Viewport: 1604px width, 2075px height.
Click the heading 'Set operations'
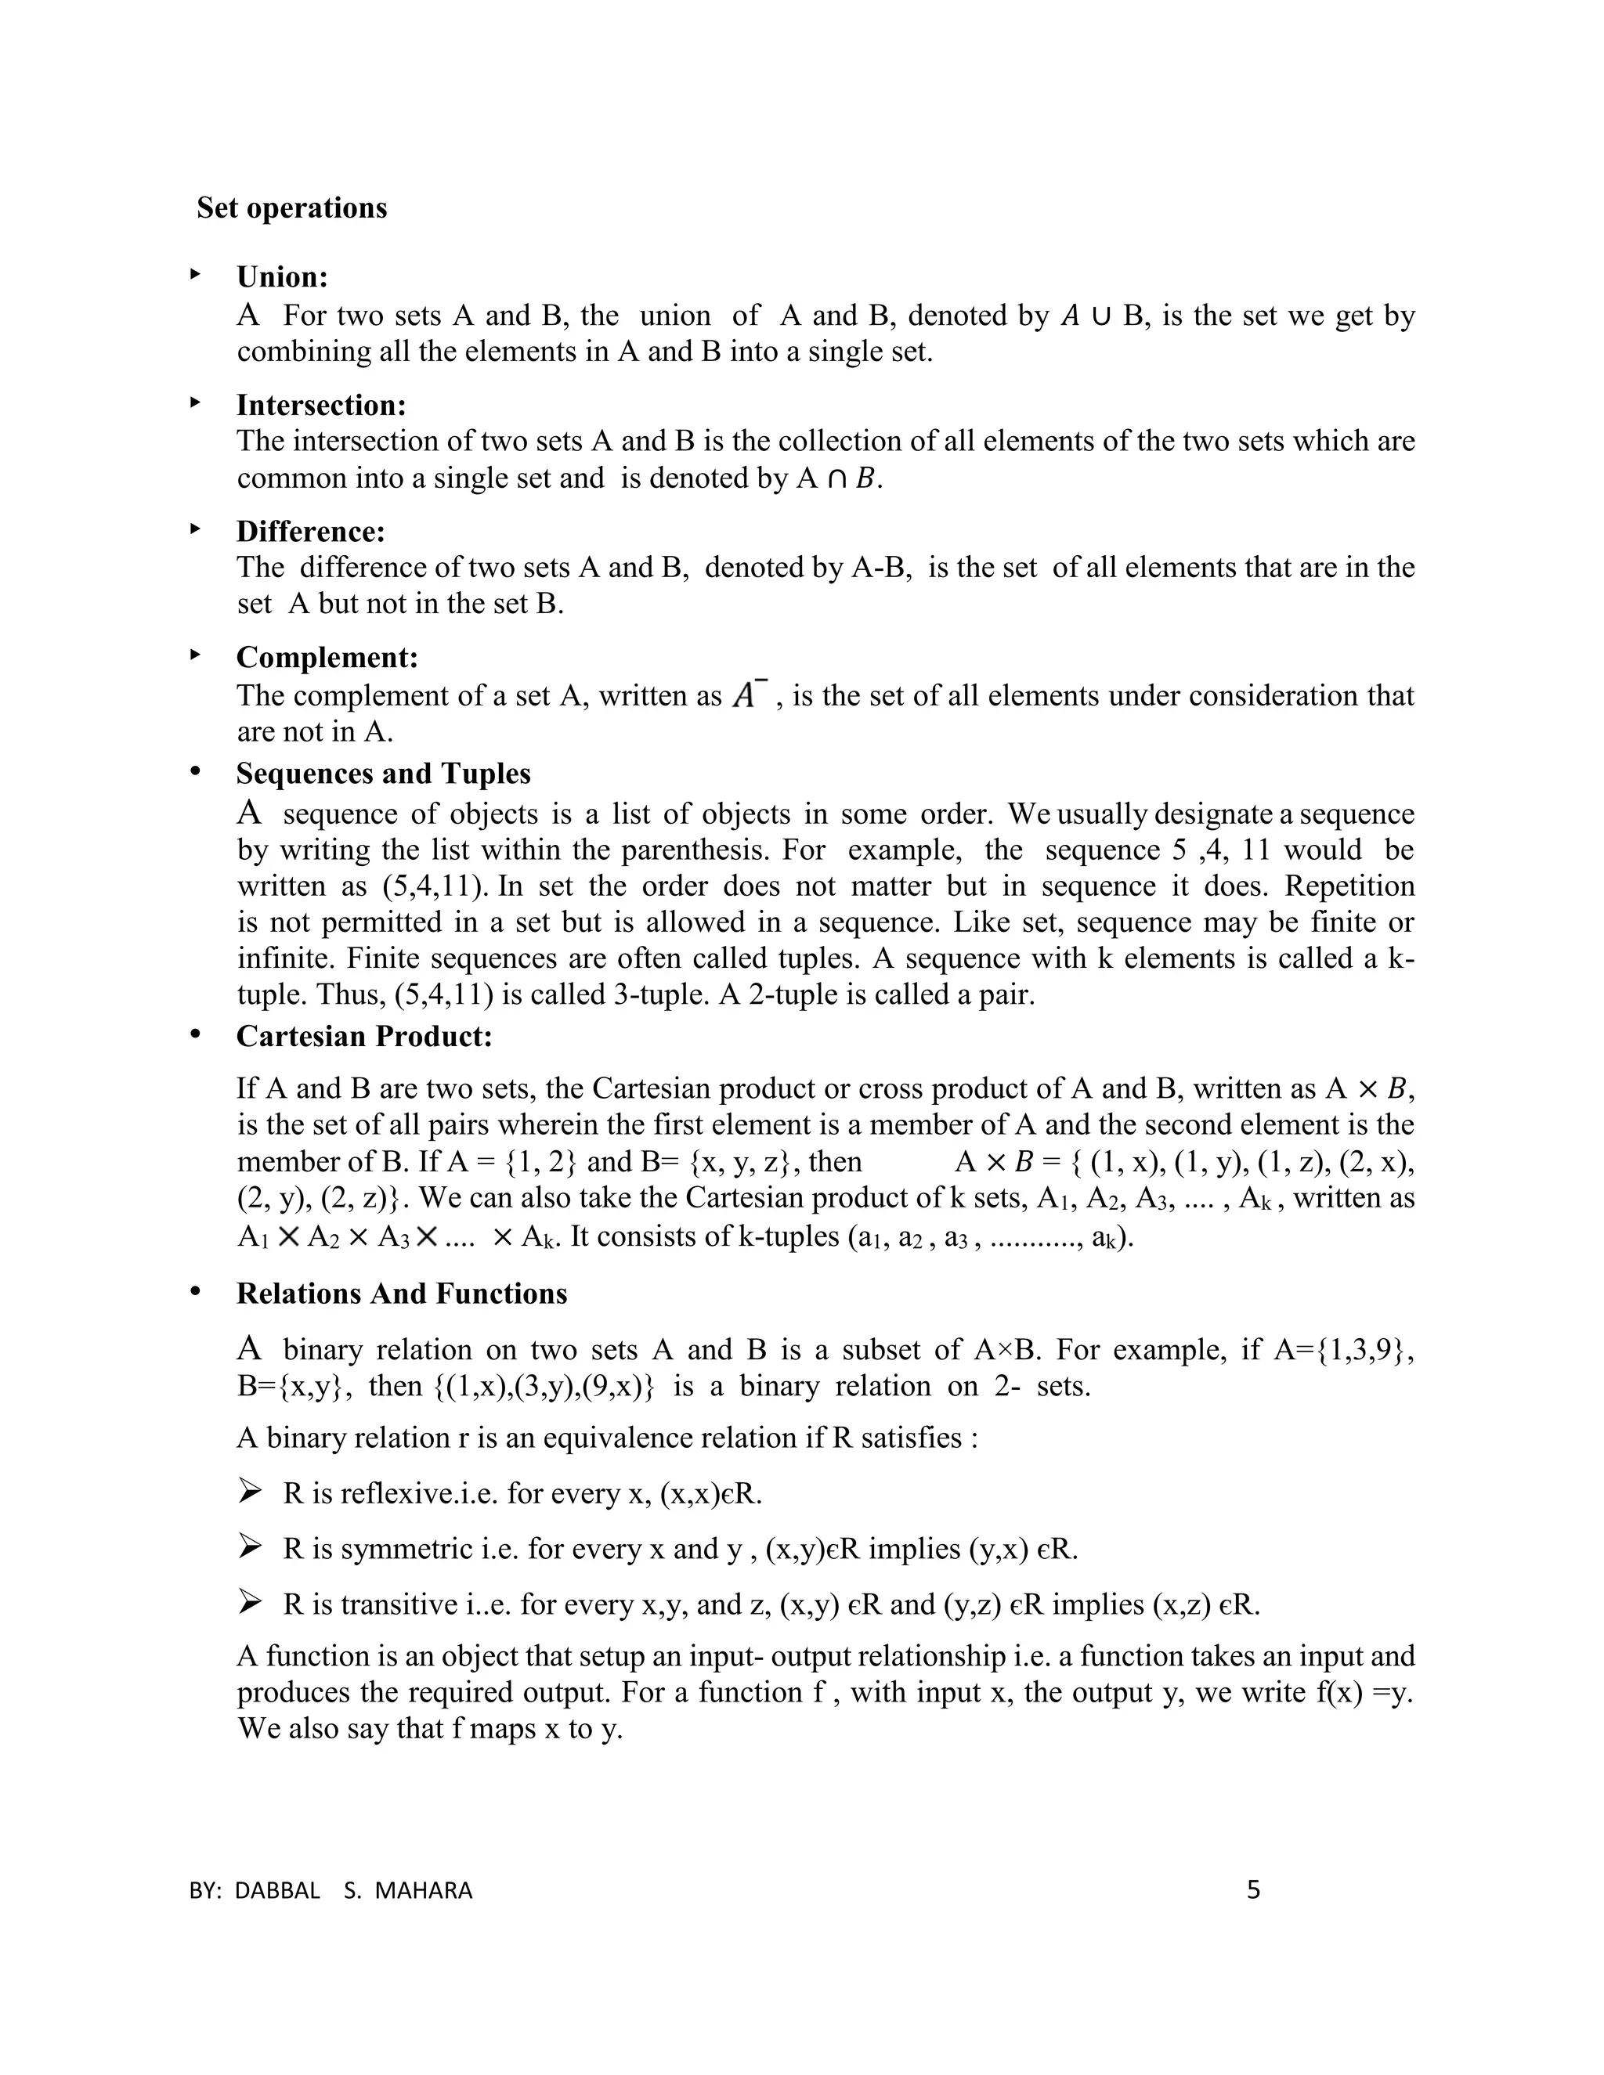(x=291, y=208)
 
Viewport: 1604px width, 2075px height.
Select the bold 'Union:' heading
(x=282, y=277)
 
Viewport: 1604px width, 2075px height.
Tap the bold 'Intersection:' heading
(x=321, y=406)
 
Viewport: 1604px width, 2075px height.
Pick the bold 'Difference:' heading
(x=311, y=532)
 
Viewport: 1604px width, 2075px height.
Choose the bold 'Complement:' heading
(x=327, y=658)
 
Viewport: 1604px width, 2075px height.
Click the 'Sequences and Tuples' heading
(x=383, y=774)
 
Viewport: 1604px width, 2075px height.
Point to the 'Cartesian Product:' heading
(x=364, y=1037)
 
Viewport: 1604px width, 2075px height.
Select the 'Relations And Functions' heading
(x=401, y=1294)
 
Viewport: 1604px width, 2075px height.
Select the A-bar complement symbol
(x=747, y=695)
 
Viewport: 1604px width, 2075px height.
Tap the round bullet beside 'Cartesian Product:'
(x=196, y=1034)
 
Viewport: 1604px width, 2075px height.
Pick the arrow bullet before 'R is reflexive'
(x=250, y=1492)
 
